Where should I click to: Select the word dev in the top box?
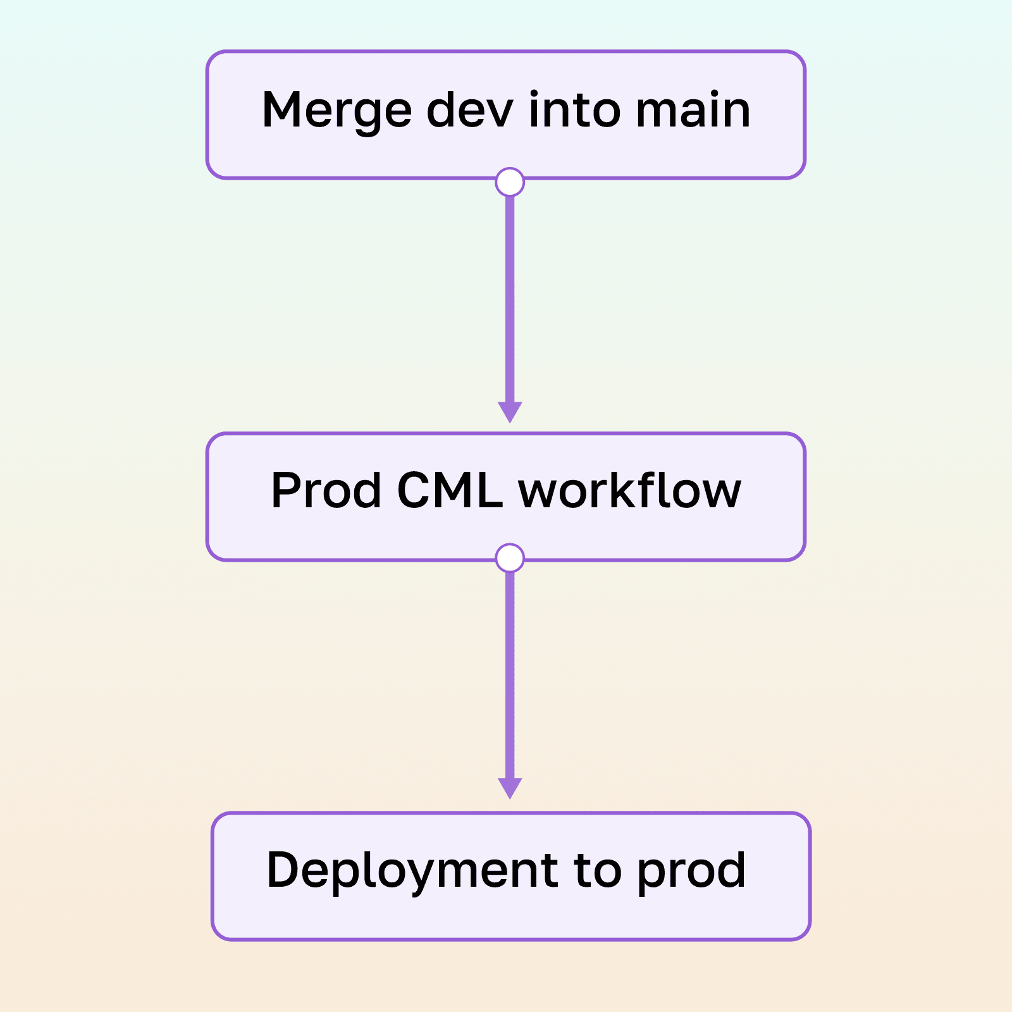coord(470,110)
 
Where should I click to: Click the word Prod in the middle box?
coord(326,491)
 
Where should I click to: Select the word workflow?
coord(629,491)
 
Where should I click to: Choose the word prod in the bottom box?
coord(691,872)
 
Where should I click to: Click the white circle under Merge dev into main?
coord(510,182)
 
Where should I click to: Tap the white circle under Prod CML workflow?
coord(510,558)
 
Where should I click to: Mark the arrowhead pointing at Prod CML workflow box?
coord(510,412)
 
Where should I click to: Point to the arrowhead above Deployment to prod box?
coord(510,788)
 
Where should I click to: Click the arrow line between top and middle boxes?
coord(510,297)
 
